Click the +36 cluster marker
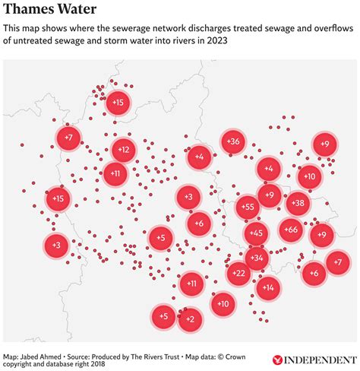point(233,141)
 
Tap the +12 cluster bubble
point(124,150)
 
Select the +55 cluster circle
point(248,207)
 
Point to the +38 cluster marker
point(297,203)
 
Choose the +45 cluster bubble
point(256,233)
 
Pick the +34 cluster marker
point(257,258)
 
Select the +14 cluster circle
point(267,287)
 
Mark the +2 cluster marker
point(189,319)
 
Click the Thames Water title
point(50,10)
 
